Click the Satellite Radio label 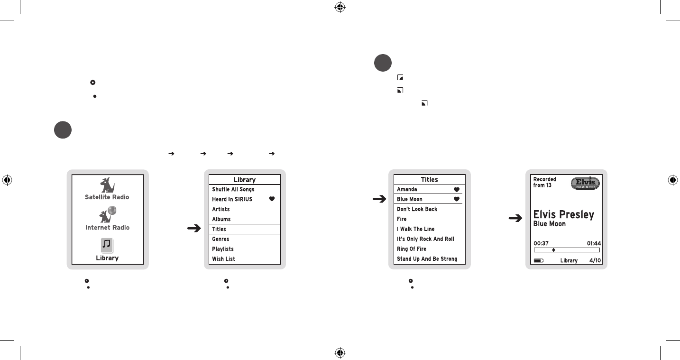pos(107,197)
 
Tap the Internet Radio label pos(107,228)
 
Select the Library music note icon pos(107,245)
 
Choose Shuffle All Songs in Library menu pos(233,189)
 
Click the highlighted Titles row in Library pos(245,229)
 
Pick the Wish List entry pos(223,259)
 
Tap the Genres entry pos(221,239)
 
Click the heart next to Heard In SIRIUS pos(272,199)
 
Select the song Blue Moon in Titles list pos(410,199)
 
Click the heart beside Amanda pos(457,189)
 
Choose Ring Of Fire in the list pos(412,249)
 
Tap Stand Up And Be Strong pos(427,259)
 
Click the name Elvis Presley pos(564,214)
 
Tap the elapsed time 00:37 pos(541,243)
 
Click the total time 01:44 pos(594,243)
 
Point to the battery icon pos(539,260)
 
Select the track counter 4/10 pos(595,260)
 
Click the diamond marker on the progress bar pos(553,249)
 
